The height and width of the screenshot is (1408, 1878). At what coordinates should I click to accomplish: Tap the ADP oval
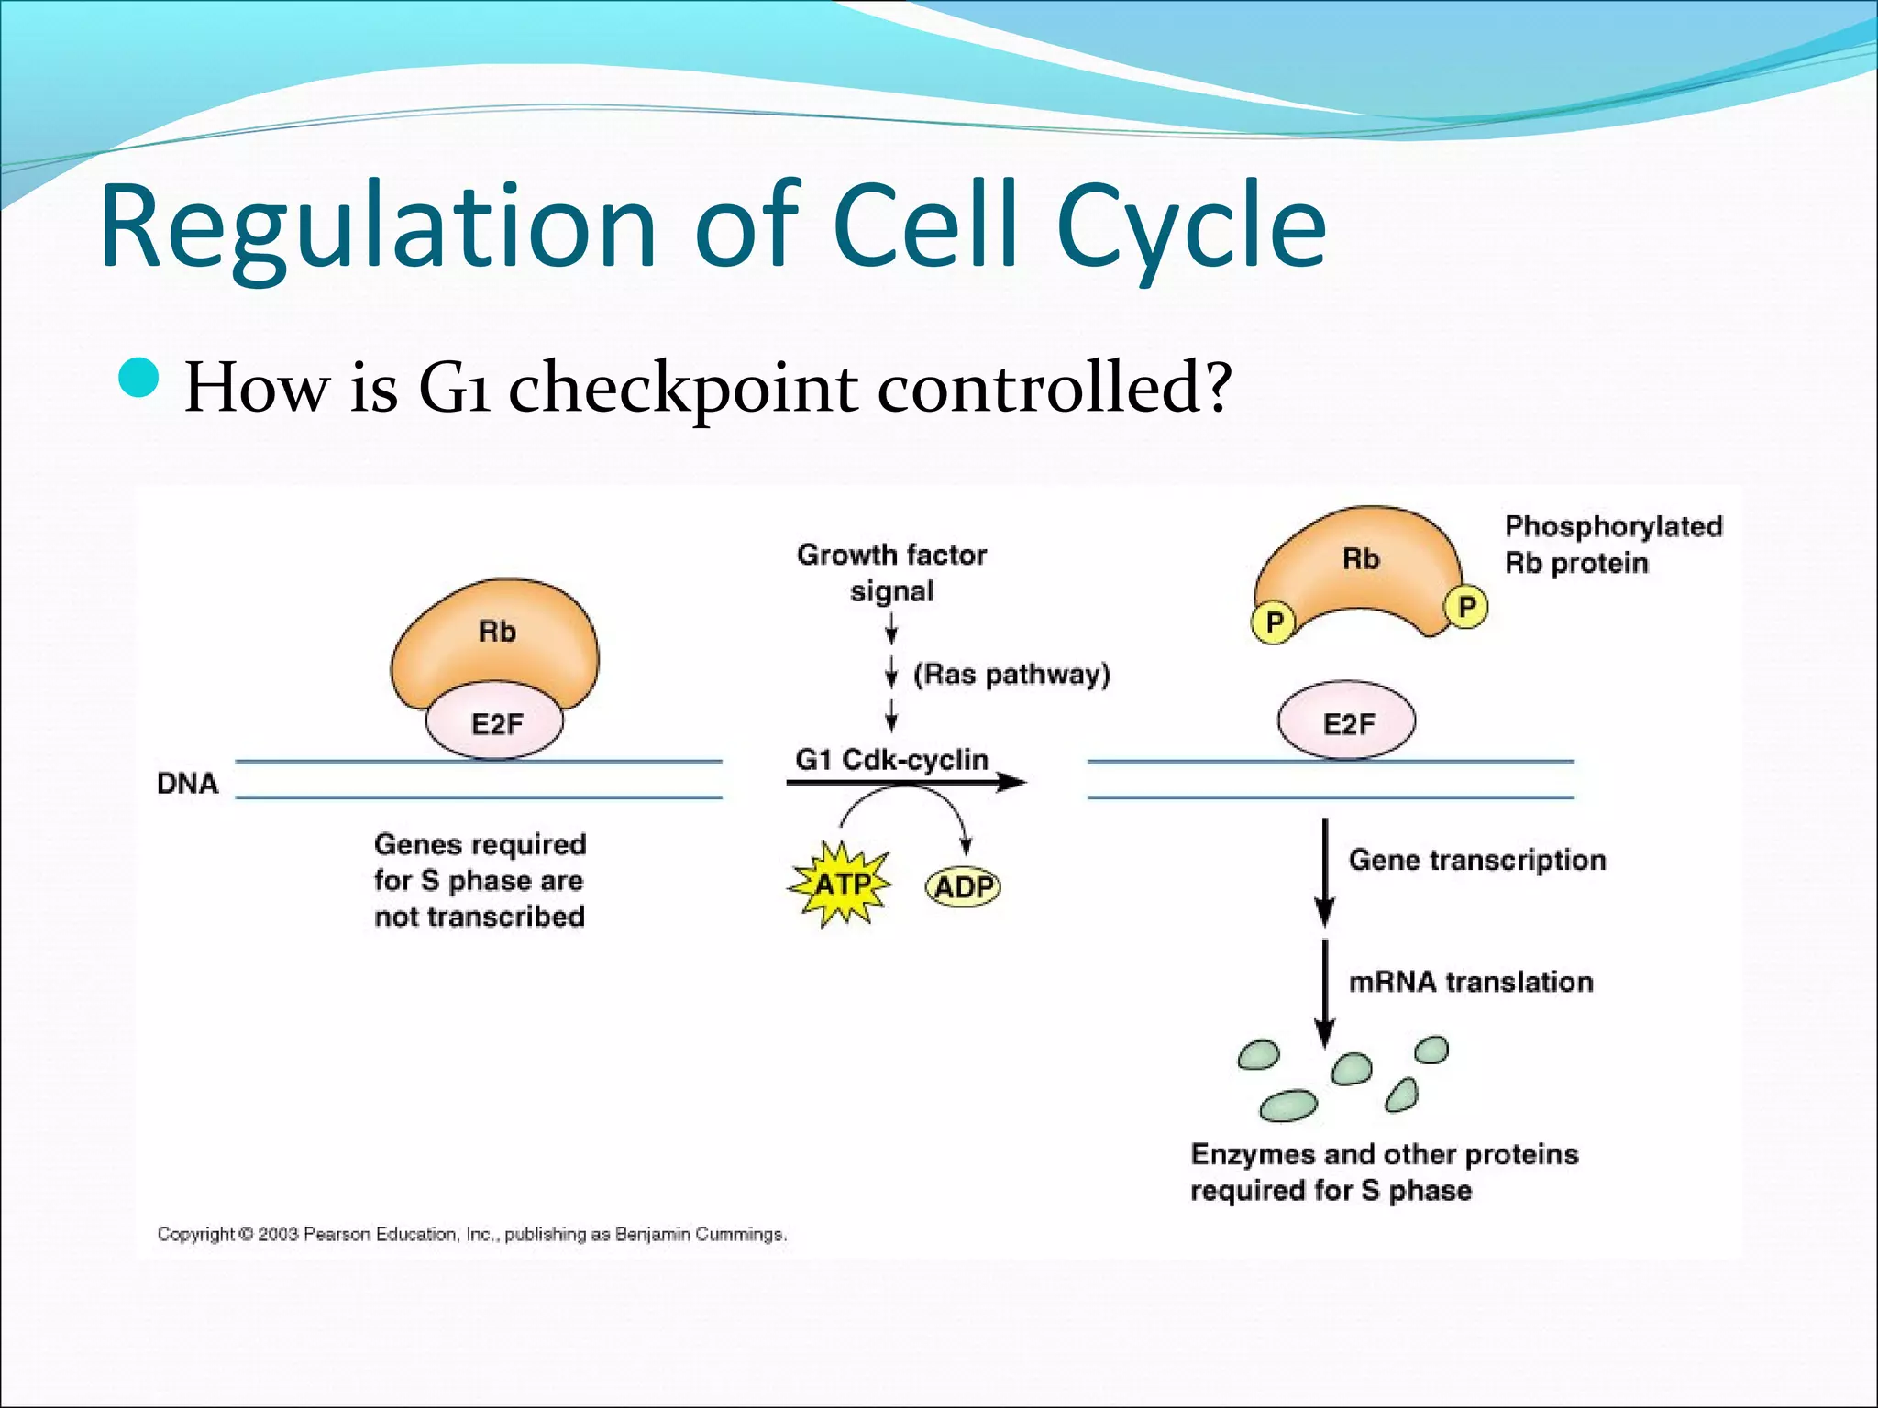[x=963, y=886]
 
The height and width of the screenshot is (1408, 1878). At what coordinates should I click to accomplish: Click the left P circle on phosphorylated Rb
[x=1273, y=623]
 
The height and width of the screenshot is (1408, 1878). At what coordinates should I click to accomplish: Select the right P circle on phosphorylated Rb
[x=1465, y=607]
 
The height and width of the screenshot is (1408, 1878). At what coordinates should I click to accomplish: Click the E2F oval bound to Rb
[x=495, y=724]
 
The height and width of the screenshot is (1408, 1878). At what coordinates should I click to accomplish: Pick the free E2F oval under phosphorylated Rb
[x=1347, y=723]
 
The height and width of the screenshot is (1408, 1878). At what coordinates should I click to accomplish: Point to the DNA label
[x=187, y=784]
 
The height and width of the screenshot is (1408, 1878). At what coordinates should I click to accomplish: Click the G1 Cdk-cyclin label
[x=891, y=759]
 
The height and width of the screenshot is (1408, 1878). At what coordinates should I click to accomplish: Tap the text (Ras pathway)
[x=1011, y=674]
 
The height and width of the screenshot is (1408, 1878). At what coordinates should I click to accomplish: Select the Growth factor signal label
[x=891, y=572]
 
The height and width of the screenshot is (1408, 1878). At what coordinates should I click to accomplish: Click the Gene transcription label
[x=1476, y=860]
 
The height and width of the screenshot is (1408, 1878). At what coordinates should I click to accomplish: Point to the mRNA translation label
[x=1470, y=982]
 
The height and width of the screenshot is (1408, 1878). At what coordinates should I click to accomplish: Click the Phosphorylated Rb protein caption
[x=1612, y=544]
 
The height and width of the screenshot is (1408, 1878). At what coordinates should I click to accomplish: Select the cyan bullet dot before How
[x=139, y=378]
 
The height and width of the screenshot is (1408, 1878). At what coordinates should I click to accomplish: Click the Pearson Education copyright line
[x=471, y=1234]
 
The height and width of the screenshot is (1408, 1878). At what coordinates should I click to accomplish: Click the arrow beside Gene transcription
[x=1324, y=871]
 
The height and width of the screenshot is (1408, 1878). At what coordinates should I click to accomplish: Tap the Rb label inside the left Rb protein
[x=497, y=632]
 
